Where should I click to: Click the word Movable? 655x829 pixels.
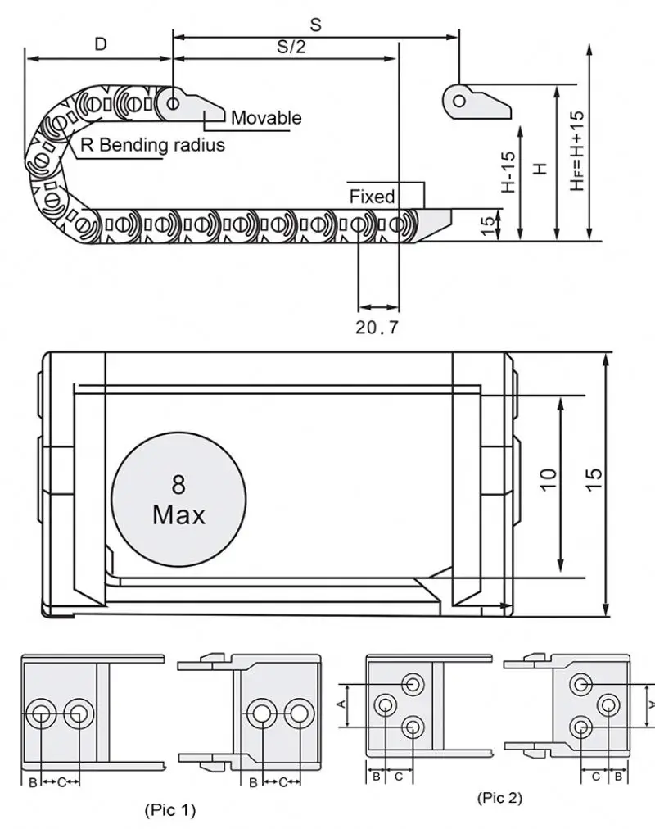click(265, 118)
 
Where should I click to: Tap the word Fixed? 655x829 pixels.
click(372, 197)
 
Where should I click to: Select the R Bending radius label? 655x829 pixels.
click(151, 146)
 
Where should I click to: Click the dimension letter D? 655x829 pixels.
click(100, 45)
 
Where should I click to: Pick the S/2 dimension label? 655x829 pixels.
click(291, 47)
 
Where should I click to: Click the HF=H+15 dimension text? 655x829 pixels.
click(577, 152)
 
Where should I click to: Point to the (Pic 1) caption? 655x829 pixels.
click(170, 811)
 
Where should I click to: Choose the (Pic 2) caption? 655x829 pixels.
click(499, 797)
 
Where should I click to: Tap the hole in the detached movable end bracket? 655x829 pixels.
click(459, 102)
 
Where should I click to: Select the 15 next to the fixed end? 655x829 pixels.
click(488, 225)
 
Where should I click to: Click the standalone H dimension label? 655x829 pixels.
click(540, 168)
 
